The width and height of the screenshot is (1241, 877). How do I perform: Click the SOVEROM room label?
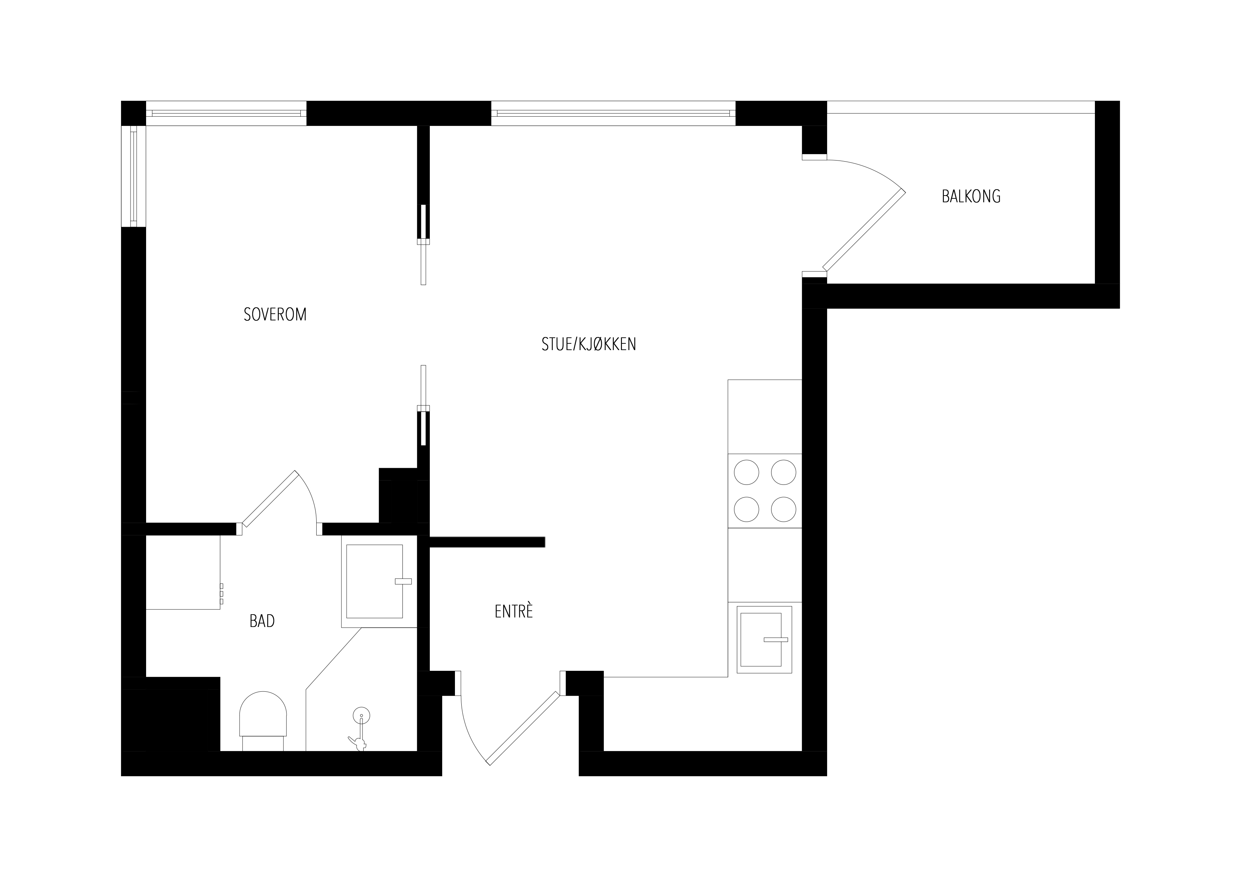tap(275, 314)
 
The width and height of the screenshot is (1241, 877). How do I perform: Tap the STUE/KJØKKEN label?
tap(589, 344)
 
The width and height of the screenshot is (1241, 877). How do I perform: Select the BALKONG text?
tap(971, 196)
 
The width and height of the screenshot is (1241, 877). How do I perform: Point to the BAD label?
tap(262, 621)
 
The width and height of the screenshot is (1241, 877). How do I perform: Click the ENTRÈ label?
tap(513, 611)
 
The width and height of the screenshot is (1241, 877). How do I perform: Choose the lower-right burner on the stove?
tap(783, 509)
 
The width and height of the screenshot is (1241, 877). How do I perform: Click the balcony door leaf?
tap(864, 229)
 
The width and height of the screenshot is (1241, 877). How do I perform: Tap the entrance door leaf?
tap(523, 728)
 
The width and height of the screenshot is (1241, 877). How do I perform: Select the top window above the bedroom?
tap(226, 113)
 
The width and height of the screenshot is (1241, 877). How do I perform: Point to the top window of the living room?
tap(613, 113)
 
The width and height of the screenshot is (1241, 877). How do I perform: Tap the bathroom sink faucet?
tap(403, 581)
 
